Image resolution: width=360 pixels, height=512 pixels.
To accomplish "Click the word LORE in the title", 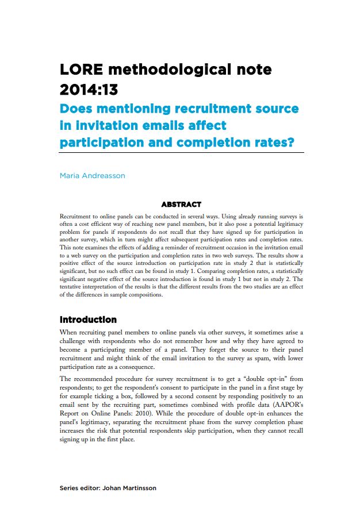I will (81, 70).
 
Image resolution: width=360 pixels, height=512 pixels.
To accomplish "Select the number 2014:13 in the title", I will (92, 90).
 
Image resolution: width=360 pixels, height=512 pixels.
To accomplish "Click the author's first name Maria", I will (70, 175).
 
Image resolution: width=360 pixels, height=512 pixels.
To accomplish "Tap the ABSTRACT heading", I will (181, 204).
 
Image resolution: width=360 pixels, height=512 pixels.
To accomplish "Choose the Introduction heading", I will (88, 319).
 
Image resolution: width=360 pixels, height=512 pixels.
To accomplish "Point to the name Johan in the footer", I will (112, 488).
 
